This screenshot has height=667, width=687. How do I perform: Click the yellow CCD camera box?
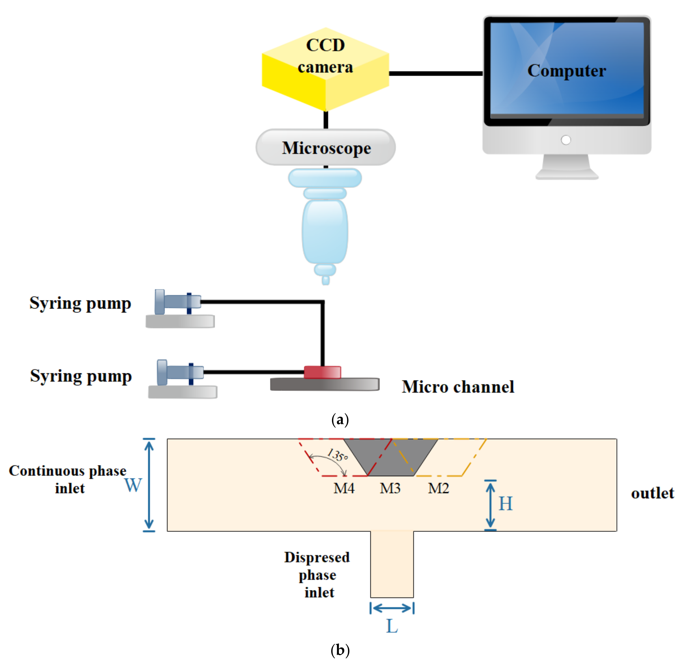326,69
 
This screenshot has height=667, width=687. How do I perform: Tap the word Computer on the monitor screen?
567,71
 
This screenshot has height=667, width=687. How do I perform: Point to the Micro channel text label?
458,387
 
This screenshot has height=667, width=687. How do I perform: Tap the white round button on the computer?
566,140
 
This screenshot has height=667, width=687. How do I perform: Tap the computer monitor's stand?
567,167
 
